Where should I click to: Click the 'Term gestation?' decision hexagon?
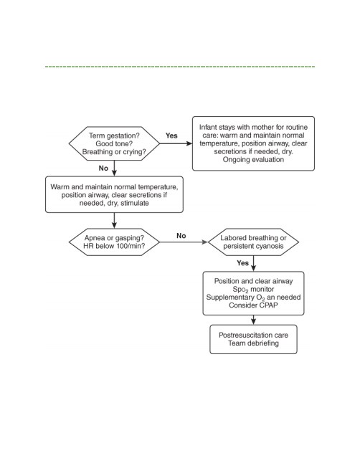click(x=114, y=143)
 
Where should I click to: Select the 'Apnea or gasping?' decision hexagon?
click(x=114, y=242)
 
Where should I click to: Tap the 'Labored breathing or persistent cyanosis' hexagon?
click(x=253, y=242)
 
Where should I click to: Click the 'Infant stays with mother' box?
click(x=253, y=143)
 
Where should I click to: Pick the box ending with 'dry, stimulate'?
click(x=114, y=194)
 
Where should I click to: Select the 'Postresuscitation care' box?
click(x=253, y=339)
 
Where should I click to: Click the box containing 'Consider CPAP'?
click(x=253, y=293)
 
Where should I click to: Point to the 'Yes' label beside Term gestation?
click(x=171, y=135)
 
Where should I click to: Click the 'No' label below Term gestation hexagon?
click(x=103, y=168)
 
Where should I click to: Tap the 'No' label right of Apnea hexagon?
click(x=181, y=236)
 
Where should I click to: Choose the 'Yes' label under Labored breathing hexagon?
click(x=242, y=262)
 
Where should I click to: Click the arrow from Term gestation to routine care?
click(x=176, y=143)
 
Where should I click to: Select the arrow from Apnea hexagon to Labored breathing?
click(x=184, y=242)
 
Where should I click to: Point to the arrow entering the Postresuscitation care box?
click(x=253, y=320)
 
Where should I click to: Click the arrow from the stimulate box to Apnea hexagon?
click(x=114, y=221)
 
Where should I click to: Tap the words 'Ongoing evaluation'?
click(x=253, y=160)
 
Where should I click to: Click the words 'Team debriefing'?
click(x=253, y=343)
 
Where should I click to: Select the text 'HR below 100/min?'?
click(x=114, y=246)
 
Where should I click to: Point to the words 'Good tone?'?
click(x=114, y=143)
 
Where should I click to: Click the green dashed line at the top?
click(x=180, y=67)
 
